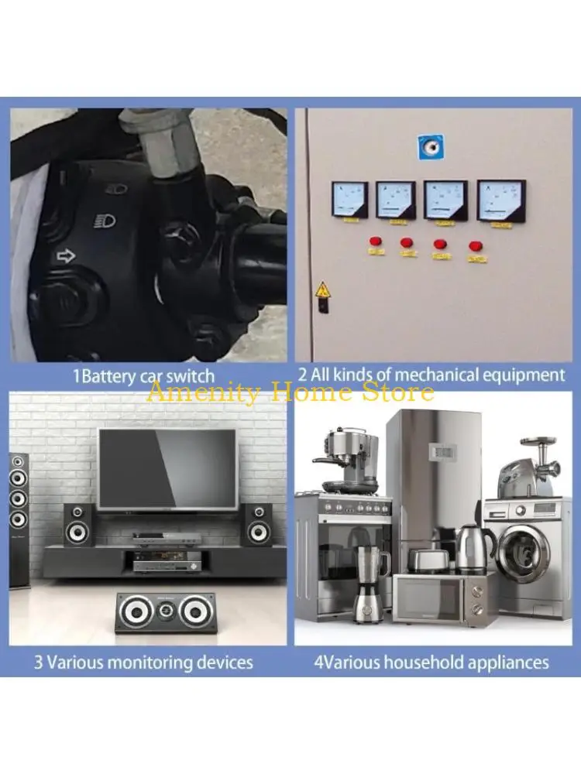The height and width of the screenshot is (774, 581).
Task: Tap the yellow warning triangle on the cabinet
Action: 321,291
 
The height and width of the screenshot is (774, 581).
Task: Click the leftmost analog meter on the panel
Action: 349,200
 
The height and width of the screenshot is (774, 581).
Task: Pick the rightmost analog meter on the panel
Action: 500,201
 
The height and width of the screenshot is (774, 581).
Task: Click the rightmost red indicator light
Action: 474,246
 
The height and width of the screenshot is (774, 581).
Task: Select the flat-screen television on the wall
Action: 167,468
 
